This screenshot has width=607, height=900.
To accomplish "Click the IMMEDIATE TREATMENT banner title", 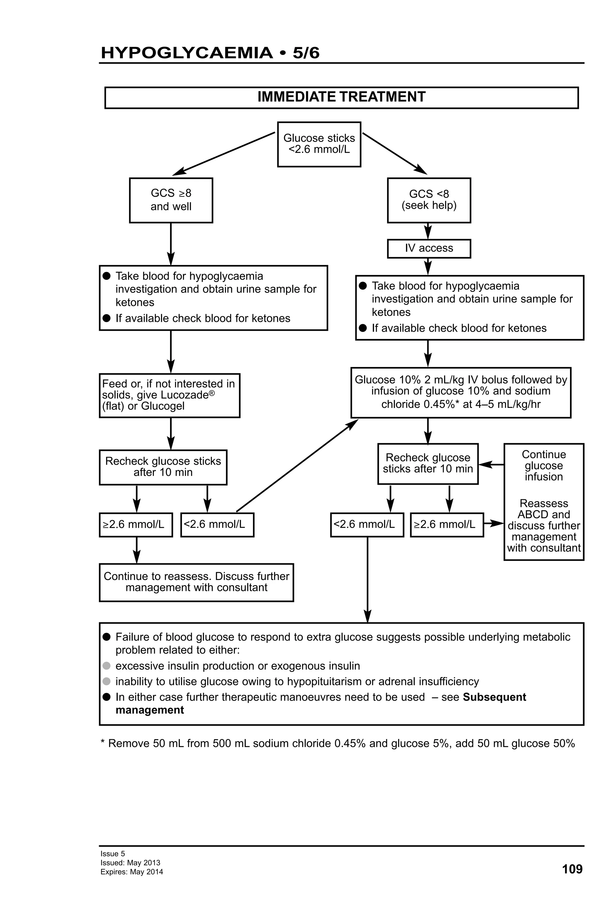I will [x=341, y=97].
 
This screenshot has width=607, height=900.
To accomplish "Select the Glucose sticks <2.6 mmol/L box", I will [x=319, y=144].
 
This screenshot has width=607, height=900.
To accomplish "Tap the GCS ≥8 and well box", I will [x=171, y=200].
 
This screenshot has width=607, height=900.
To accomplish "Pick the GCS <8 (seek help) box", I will [x=429, y=200].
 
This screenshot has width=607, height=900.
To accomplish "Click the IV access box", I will [x=429, y=248].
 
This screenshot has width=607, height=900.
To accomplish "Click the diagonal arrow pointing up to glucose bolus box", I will [x=296, y=465].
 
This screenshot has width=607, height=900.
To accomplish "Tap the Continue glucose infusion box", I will [x=543, y=502].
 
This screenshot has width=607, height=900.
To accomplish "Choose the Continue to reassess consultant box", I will [x=196, y=582].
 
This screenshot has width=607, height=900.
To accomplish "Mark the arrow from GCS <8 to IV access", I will [x=427, y=231].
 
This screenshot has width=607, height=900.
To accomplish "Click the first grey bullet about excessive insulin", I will [x=106, y=666].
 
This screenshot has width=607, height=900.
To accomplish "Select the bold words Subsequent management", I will [x=494, y=697].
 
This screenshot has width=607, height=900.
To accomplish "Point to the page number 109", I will [x=572, y=869].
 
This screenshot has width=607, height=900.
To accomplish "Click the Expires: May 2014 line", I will [x=132, y=872].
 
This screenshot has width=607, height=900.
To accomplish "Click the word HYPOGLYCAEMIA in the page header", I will [x=186, y=53].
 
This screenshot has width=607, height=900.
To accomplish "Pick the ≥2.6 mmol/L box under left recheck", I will [x=135, y=524].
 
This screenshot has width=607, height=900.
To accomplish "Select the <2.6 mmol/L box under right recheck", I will [x=367, y=524].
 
